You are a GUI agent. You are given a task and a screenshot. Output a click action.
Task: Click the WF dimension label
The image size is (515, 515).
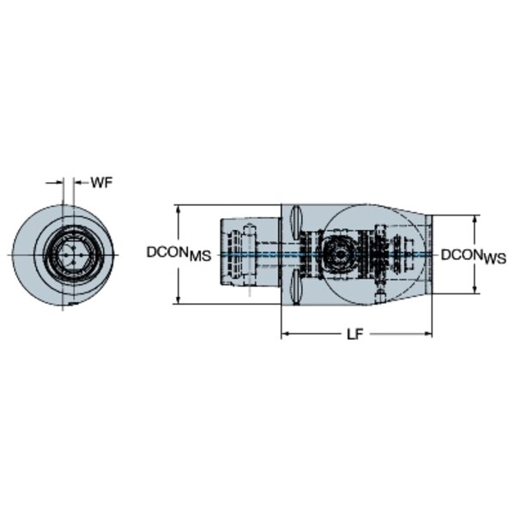pos(101,183)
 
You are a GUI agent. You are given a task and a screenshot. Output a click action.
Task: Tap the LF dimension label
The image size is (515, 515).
pos(355,335)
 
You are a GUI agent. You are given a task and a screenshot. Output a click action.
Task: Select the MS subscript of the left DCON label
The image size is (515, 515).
pos(200,256)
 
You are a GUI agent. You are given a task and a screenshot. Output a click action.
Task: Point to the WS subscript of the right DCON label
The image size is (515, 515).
pos(495,259)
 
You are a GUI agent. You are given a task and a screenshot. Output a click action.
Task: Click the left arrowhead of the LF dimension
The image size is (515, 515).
pos(285,334)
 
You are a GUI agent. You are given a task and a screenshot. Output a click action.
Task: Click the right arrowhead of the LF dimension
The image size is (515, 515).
pos(428,334)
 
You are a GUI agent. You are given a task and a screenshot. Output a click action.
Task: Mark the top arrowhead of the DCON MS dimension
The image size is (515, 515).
pos(178,209)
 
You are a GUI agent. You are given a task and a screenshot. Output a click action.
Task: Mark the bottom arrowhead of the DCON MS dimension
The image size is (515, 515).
pos(178,300)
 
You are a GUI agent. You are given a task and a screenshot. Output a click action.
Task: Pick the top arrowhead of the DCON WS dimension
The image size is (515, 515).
pos(475,220)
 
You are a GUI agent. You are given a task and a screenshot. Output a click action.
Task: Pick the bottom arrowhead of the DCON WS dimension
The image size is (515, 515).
pos(475,289)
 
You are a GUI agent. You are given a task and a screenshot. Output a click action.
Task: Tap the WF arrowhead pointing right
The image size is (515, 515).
pos(58,183)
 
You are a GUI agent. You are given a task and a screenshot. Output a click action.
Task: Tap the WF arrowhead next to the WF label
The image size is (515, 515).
pos(77,183)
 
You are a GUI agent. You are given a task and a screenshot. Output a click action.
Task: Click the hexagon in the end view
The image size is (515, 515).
pos(70,255)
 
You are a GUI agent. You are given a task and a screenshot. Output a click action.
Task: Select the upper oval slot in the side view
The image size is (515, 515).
pos(295,222)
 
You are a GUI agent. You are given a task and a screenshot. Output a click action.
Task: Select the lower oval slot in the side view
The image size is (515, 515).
pos(295,287)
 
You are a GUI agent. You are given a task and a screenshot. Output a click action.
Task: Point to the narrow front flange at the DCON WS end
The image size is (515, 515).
pos(428,254)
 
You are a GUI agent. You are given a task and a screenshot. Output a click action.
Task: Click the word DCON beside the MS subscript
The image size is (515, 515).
pos(167,252)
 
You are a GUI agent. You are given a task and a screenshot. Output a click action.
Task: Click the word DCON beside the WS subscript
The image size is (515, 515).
pos(462,255)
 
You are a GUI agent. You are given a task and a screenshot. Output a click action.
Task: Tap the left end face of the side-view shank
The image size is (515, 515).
pos(221,251)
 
